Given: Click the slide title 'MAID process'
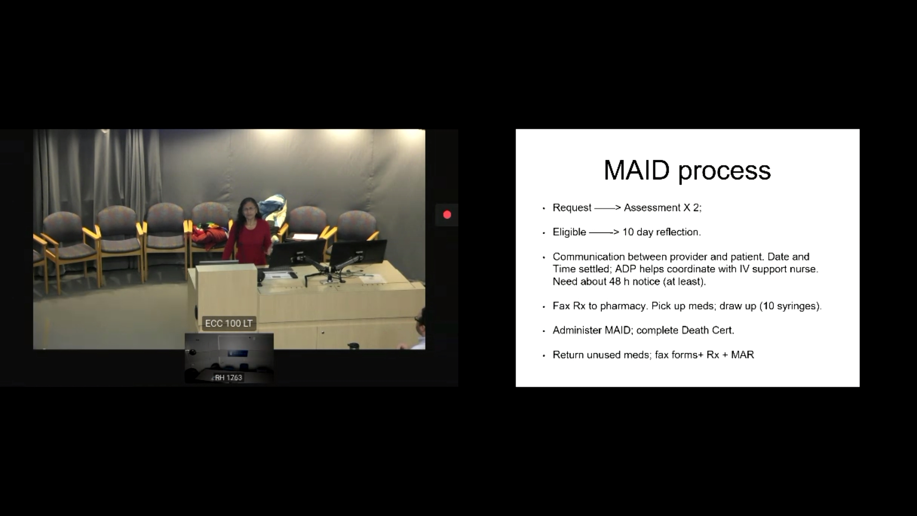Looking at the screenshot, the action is [687, 171].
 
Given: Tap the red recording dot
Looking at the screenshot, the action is [447, 215].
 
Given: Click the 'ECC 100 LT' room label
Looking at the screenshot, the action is [229, 323].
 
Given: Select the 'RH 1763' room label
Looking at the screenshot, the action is [229, 377].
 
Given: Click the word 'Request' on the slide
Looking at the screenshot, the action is [572, 208].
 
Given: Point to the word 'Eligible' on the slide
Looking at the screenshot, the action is [570, 232].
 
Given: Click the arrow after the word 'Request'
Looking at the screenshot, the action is [608, 208].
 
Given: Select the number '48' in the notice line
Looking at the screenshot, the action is [615, 282].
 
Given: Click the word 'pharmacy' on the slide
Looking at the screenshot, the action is [623, 306].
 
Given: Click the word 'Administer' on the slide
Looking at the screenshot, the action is [577, 330].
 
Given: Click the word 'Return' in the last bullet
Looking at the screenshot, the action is [568, 355].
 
